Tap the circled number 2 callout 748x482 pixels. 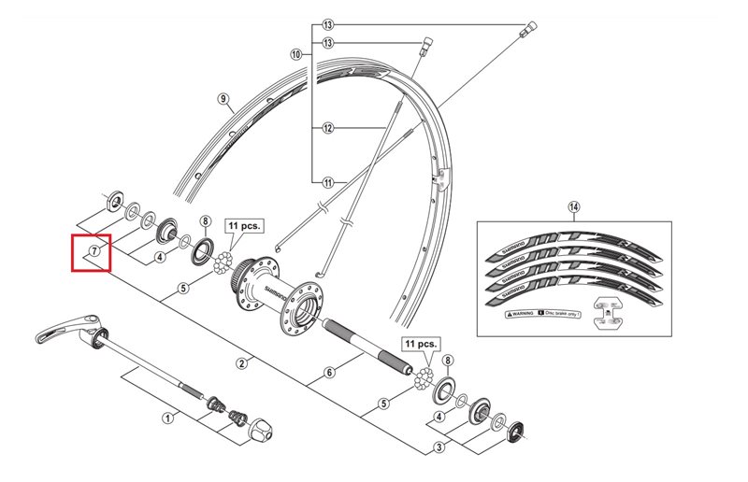point(241,362)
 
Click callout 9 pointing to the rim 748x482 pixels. point(223,98)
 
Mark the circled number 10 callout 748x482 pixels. point(295,55)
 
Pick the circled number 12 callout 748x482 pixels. point(328,127)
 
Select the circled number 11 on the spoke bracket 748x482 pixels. point(328,182)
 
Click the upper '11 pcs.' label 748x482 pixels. point(244,226)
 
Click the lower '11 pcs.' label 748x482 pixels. point(420,344)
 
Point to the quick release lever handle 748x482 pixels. point(65,329)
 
